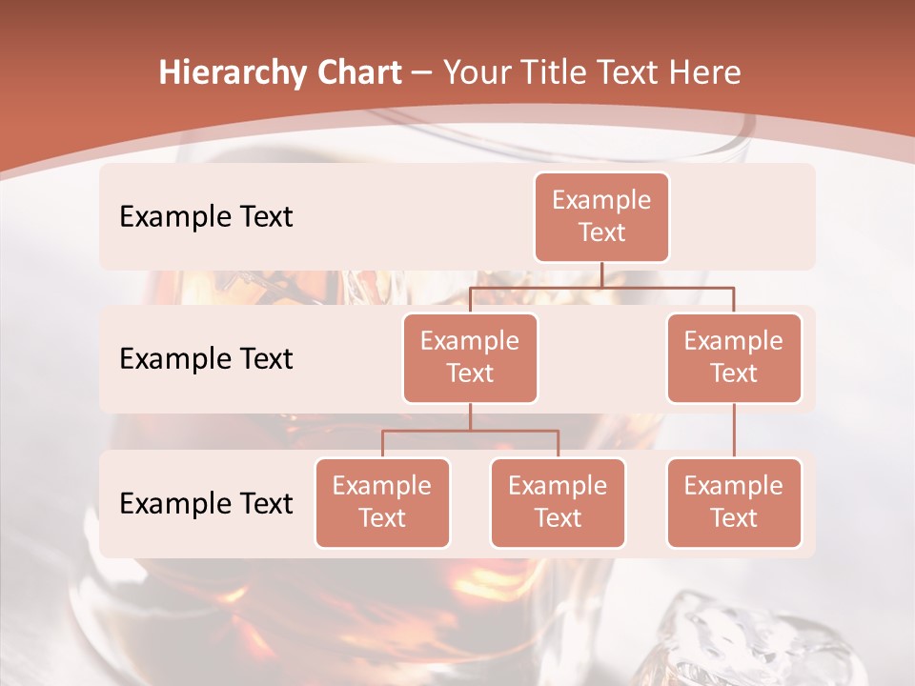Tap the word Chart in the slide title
coord(359,73)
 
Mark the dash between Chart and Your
coord(421,73)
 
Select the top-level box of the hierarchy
coord(601,216)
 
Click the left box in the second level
coord(470,357)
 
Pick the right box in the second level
coord(734,357)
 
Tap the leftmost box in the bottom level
coord(382,502)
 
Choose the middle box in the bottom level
coord(558,502)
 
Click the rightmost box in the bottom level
coord(734,502)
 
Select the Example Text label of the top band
coord(206,216)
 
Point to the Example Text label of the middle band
coord(206,358)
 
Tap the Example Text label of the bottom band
coord(206,503)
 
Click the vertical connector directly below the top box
coord(601,274)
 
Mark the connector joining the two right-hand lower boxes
coord(734,430)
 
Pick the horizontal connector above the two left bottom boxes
coord(470,431)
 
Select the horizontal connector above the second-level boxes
coord(601,287)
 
